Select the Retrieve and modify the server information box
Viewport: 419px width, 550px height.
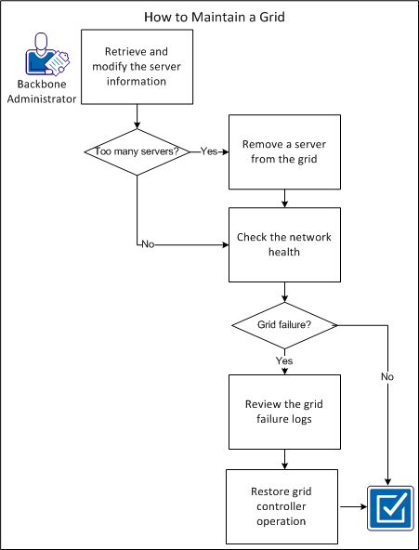point(137,67)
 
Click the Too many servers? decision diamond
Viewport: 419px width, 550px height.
point(137,151)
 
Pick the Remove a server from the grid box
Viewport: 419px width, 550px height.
point(285,151)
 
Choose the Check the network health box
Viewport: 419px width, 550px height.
point(285,244)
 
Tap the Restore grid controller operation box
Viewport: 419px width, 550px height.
point(282,506)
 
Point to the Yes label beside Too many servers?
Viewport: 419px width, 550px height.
point(209,151)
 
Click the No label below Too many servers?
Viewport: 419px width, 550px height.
point(147,244)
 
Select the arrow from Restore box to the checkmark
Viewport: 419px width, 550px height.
point(351,506)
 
